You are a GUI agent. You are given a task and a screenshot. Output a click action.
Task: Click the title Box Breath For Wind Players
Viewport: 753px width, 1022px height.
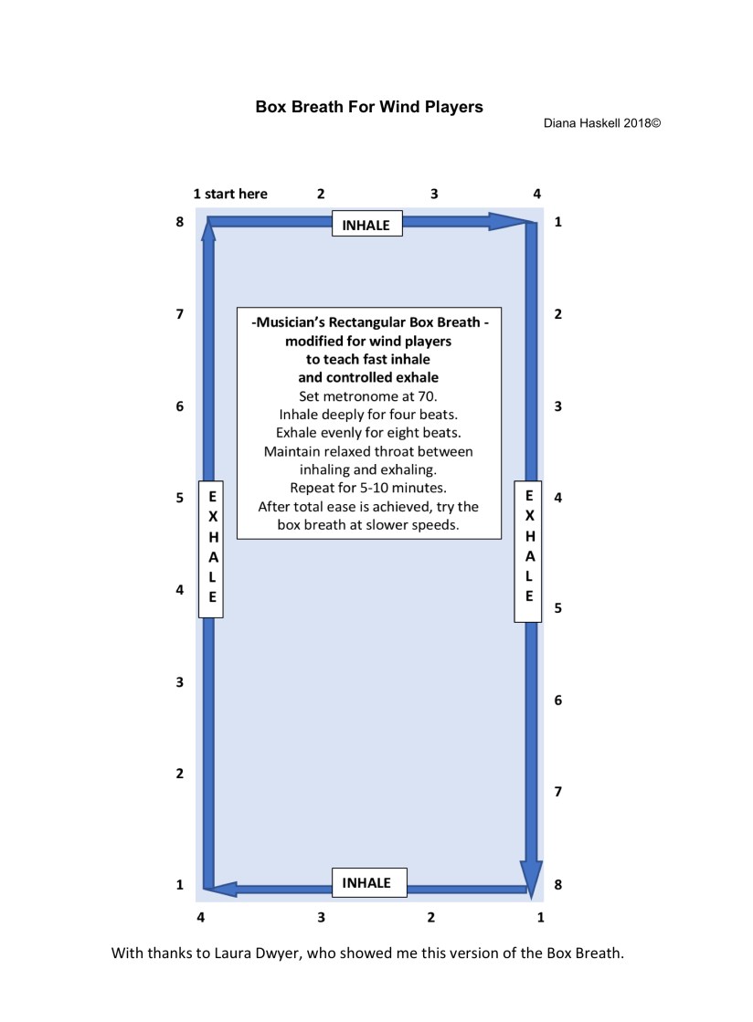pos(368,107)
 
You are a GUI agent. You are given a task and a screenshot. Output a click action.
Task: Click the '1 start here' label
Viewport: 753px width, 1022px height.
pos(230,194)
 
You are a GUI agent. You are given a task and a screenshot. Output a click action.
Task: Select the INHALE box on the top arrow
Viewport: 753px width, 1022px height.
pos(366,225)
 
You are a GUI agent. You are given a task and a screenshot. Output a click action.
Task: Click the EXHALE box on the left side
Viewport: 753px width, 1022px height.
pos(212,548)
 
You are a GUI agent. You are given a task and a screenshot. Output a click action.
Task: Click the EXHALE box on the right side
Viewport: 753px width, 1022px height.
pos(528,551)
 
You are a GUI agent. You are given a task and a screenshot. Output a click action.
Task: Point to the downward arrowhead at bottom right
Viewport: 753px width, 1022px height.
pos(530,877)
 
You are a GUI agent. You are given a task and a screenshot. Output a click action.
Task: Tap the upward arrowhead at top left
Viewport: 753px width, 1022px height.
pos(208,232)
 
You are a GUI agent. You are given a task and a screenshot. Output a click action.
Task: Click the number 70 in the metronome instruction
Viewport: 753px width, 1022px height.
pos(426,396)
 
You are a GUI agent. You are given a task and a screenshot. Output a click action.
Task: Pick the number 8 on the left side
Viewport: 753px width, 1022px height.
pos(180,221)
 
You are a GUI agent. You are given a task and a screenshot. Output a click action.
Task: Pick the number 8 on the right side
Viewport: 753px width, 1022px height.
pos(557,884)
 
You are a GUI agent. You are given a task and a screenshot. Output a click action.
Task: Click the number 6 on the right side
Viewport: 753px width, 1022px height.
pos(557,701)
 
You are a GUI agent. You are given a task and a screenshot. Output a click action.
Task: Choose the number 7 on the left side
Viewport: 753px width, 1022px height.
pos(180,314)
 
